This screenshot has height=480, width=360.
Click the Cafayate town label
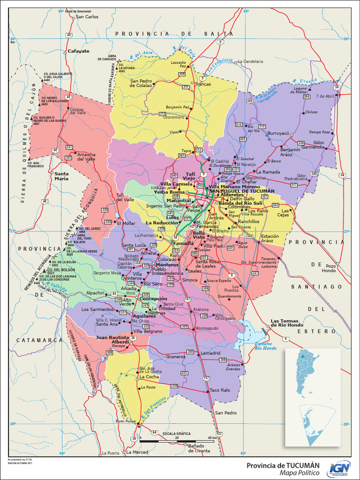pos(78,51)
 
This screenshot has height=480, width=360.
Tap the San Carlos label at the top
pos(87,17)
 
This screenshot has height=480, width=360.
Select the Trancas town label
pos(203,84)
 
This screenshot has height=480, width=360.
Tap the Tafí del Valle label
pos(125,197)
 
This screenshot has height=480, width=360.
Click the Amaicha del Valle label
pos(86,157)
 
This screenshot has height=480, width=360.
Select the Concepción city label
pos(153,299)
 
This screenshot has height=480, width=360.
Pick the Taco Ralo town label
pos(219,390)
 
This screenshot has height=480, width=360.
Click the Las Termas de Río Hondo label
pos(287,323)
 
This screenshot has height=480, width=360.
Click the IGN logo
pos(340,467)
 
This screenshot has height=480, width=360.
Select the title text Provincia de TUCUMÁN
pos(283,465)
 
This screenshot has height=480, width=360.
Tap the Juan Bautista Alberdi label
pos(112,339)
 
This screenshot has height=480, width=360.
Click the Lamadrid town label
pos(210,353)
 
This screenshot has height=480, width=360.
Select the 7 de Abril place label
pos(325,96)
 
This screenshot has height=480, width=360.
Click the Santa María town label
pos(61,176)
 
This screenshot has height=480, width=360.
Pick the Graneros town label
pos(176,357)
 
